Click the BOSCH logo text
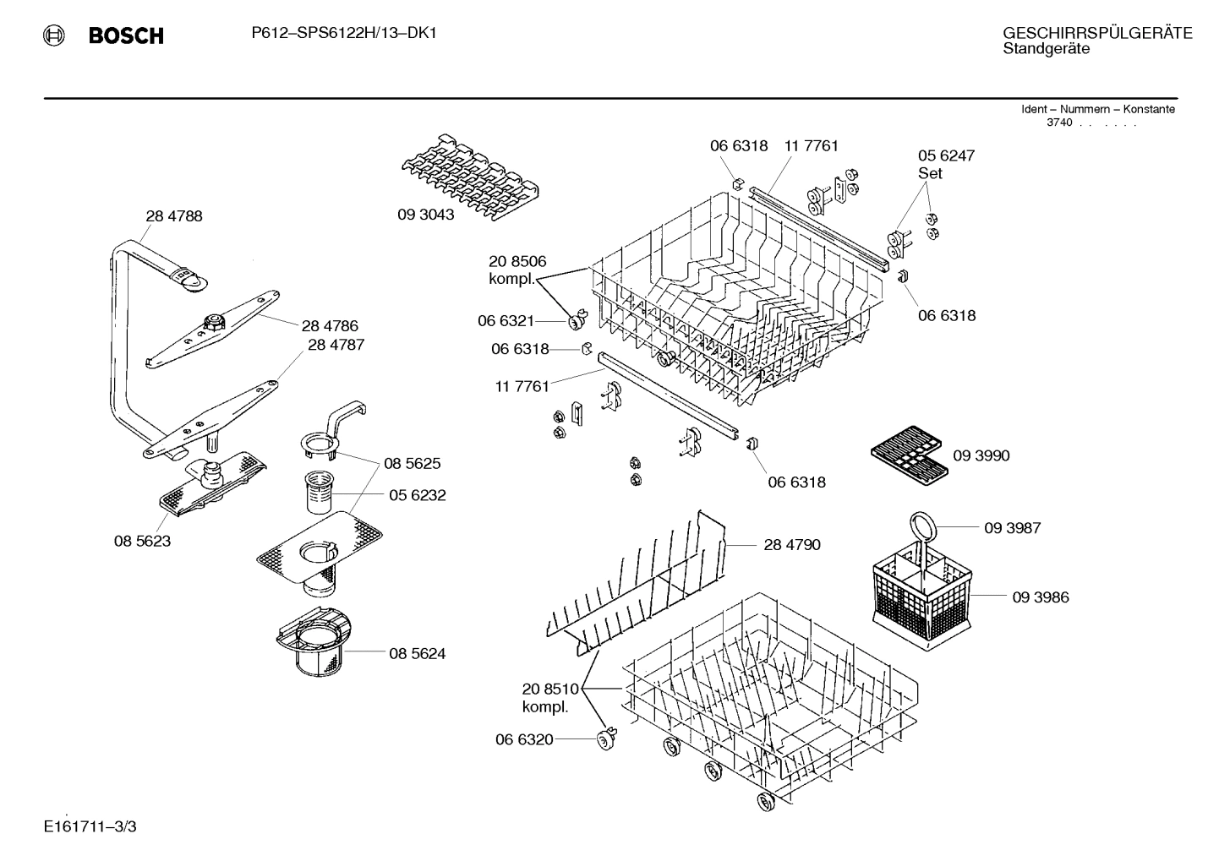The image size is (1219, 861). click(x=125, y=35)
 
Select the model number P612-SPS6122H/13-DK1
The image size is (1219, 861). click(x=344, y=33)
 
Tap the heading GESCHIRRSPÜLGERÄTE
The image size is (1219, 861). click(x=1096, y=33)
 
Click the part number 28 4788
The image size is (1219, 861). click(x=174, y=216)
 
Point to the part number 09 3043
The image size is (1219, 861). click(x=426, y=215)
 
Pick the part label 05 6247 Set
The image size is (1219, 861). click(x=946, y=164)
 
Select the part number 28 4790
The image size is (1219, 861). click(x=792, y=545)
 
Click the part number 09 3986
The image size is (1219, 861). click(x=1041, y=597)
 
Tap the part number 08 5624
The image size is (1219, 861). click(x=418, y=653)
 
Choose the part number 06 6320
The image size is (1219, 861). click(x=524, y=740)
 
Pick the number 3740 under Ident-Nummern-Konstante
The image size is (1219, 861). click(x=1059, y=123)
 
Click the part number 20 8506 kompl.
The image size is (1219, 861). click(x=517, y=270)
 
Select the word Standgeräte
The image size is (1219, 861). click(x=1046, y=49)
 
